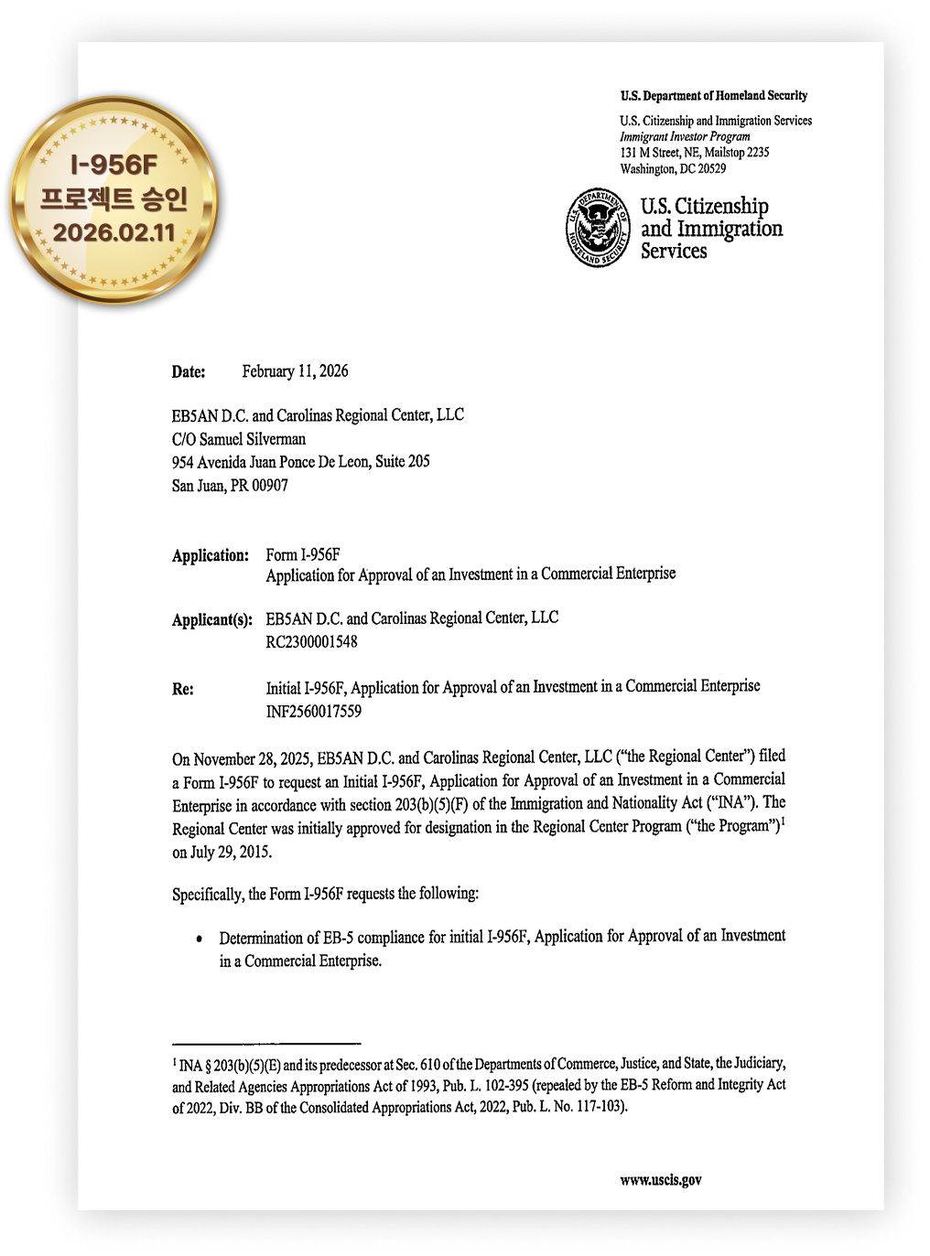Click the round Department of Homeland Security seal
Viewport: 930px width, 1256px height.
pos(598,228)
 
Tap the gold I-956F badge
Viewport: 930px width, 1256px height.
pos(114,200)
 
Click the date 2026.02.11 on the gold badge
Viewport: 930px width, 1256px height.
pos(114,232)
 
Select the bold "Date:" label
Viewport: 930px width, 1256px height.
pos(189,371)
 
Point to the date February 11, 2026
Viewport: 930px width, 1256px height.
pos(295,370)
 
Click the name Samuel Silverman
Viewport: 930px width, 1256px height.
pos(253,439)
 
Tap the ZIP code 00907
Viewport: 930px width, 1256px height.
pos(270,486)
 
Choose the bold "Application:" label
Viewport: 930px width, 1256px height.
pos(211,555)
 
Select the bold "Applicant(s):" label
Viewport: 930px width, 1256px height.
pos(212,619)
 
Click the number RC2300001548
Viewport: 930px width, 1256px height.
pos(311,641)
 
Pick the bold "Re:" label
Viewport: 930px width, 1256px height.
pos(183,689)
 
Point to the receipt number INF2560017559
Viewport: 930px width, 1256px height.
pos(313,711)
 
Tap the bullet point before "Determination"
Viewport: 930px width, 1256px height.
pos(200,939)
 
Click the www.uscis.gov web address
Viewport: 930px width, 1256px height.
pos(661,1179)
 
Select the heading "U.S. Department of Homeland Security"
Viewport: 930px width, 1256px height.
pos(713,95)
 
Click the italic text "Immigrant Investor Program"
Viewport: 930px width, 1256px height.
pos(685,136)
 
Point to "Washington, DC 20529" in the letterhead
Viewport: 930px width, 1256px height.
pos(673,168)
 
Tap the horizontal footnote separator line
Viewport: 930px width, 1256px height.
pos(266,1043)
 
